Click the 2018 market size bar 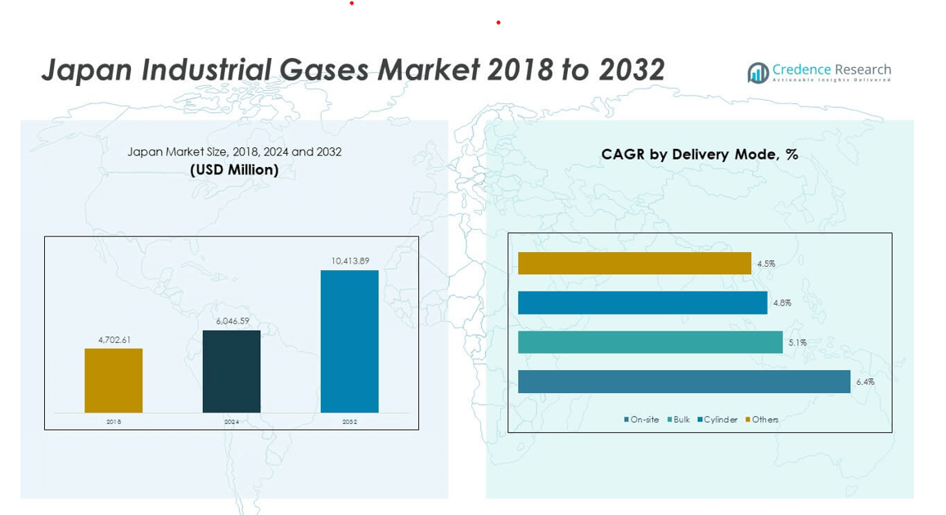(x=114, y=381)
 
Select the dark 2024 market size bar (x=232, y=371)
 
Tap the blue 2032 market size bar (x=349, y=341)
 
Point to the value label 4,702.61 (x=115, y=340)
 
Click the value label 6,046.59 (x=232, y=321)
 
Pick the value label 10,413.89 (x=350, y=261)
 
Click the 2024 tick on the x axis (x=232, y=422)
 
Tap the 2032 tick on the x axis (x=349, y=422)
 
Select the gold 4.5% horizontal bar (x=634, y=264)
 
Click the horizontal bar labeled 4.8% (x=642, y=303)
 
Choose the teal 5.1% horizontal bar (x=651, y=342)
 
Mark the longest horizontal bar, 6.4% (x=684, y=382)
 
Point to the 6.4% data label (x=865, y=382)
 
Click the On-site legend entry (x=642, y=420)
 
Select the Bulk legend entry (x=679, y=420)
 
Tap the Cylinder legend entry (x=718, y=420)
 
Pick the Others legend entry (x=762, y=420)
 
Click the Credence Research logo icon (x=758, y=73)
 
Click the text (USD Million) (x=234, y=170)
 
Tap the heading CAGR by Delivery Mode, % (x=700, y=154)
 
